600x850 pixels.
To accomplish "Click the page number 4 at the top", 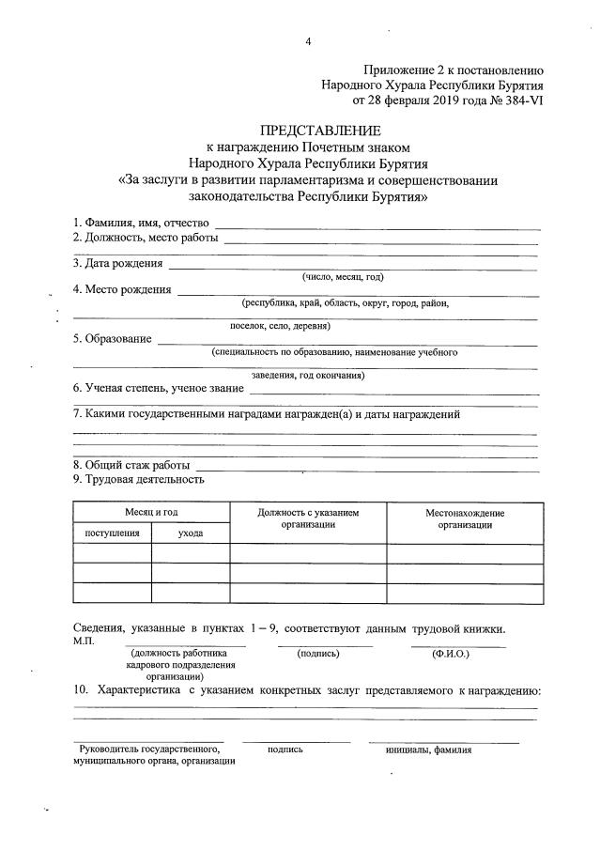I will (307, 41).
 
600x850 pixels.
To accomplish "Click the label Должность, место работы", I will (146, 238).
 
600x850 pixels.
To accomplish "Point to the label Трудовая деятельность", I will (138, 479).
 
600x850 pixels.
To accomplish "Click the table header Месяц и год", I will (151, 512).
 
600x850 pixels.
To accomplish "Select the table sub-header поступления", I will (112, 533).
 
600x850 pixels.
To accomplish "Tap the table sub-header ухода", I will (191, 533).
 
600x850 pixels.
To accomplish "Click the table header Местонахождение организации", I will (464, 518).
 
